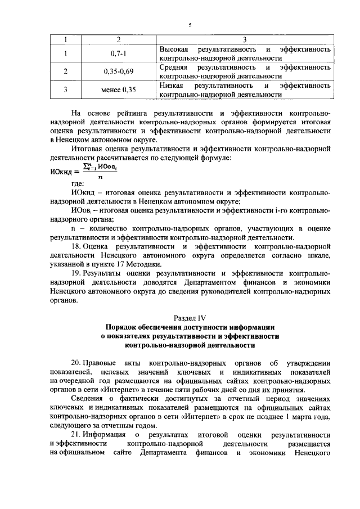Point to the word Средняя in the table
pyautogui.click(x=174, y=67)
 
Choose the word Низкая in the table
pyautogui.click(x=172, y=85)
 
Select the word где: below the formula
pyautogui.click(x=78, y=183)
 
